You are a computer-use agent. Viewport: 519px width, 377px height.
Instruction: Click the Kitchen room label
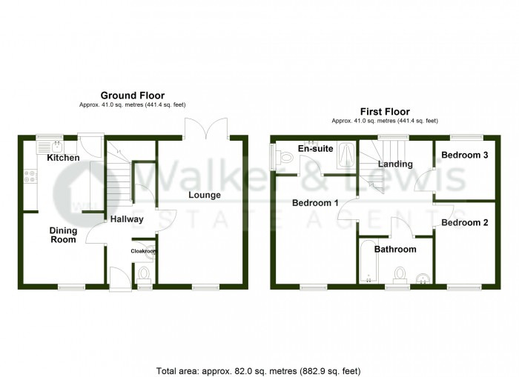(63, 159)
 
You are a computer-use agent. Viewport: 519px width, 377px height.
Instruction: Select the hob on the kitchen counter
(31, 176)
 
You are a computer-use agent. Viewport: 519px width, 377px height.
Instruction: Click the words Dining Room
(63, 235)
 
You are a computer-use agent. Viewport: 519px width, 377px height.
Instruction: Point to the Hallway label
(127, 219)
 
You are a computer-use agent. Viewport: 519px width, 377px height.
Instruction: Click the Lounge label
(204, 196)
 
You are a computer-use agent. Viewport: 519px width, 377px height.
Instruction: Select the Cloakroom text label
(144, 252)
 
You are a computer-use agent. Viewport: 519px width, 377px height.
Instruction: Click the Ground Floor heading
(133, 96)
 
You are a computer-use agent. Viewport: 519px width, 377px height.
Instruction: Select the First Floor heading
(385, 111)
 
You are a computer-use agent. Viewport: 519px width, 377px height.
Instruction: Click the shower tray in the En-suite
(345, 154)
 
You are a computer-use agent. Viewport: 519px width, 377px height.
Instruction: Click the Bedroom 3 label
(464, 156)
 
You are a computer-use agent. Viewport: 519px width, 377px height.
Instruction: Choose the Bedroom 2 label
(464, 222)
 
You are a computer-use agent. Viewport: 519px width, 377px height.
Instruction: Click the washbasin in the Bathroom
(423, 278)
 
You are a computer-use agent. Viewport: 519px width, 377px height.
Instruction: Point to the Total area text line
(259, 370)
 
